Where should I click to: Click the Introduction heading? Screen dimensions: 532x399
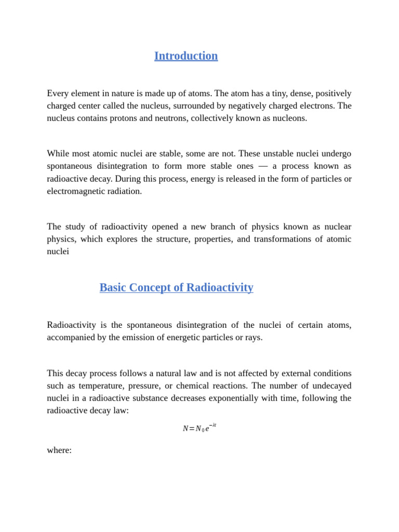[186, 56]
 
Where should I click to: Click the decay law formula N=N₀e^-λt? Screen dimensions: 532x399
[199, 428]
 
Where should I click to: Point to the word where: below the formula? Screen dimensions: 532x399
[59, 450]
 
